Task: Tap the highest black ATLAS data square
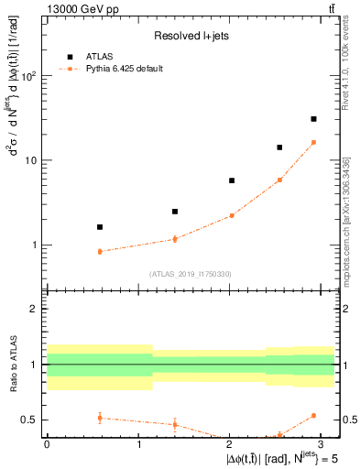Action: tap(313, 119)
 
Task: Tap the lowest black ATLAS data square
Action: tap(100, 226)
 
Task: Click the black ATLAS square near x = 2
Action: tap(232, 180)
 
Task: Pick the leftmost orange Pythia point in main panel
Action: tap(100, 251)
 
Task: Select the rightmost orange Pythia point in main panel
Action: tap(313, 142)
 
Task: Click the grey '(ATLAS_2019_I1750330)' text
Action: tap(190, 274)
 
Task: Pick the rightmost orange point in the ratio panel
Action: tap(313, 415)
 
